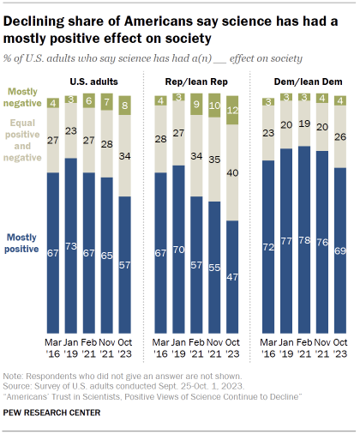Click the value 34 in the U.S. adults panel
point(125,156)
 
